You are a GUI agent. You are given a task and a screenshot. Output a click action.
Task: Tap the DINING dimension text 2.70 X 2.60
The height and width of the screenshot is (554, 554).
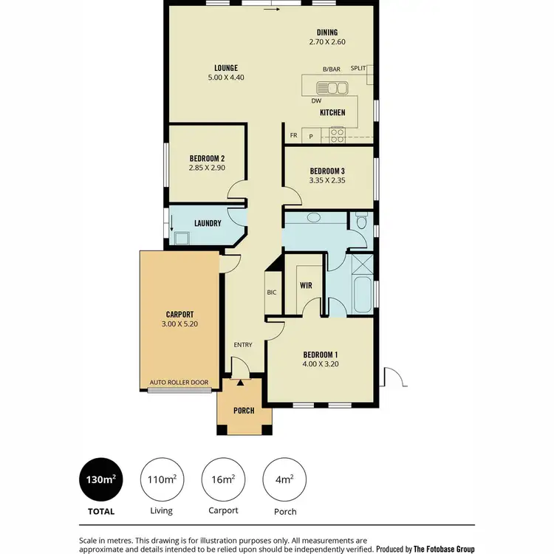pos(327,43)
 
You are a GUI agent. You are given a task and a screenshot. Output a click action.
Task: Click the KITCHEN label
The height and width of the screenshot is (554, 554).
pos(332,113)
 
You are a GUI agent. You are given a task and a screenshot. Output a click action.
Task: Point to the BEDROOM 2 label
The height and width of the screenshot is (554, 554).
pos(207,158)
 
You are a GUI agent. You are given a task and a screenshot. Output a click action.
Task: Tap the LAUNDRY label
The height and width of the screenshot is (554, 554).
pos(208,223)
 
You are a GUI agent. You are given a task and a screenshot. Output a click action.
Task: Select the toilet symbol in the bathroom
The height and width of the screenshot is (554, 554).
pos(361,221)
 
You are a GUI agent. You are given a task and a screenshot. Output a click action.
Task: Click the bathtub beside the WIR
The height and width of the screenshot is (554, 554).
pos(363,294)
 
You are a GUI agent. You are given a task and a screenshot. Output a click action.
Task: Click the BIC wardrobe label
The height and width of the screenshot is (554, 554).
pos(271,293)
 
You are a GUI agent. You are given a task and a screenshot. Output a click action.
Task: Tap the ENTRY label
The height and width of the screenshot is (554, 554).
pos(243,345)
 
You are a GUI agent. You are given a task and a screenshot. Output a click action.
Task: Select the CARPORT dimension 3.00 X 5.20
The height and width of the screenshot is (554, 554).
pos(179,324)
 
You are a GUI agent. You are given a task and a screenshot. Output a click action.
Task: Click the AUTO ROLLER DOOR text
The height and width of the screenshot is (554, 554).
pos(179,383)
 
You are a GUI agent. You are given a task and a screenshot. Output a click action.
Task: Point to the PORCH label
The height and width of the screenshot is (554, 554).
pos(244,411)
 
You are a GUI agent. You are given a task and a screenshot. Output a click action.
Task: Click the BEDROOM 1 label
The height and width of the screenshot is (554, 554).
pos(321,353)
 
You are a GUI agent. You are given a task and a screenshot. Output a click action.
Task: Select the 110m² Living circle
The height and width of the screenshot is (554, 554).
pos(161,480)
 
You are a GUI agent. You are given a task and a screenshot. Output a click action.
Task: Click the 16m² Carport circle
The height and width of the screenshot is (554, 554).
pos(223,480)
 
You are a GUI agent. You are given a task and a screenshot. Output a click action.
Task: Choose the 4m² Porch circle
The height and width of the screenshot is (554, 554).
pos(284,480)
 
